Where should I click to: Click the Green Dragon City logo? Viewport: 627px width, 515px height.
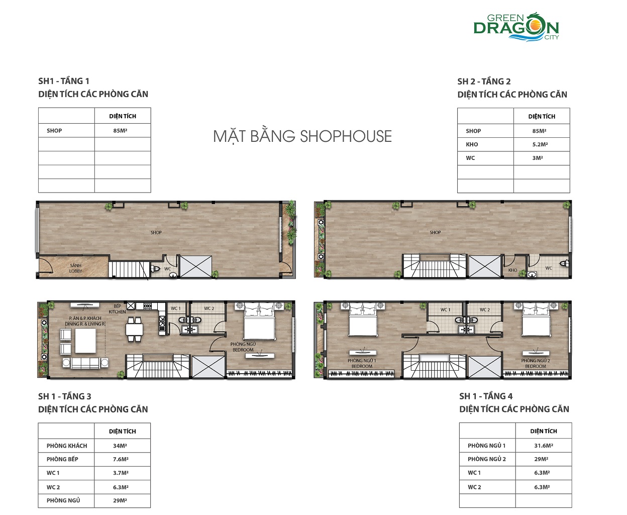tap(516, 27)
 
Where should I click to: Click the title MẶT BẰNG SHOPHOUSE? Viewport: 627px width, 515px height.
tap(302, 136)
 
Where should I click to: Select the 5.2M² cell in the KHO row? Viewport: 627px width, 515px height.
tap(540, 144)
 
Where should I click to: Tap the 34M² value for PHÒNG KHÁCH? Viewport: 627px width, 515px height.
tap(120, 446)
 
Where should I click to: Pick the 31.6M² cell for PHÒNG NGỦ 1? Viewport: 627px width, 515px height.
tap(544, 446)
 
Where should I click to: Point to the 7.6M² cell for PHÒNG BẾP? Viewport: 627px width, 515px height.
tap(121, 459)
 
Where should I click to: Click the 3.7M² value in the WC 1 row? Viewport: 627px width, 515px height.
tap(121, 473)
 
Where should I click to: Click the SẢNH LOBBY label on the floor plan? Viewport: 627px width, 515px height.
tap(75, 268)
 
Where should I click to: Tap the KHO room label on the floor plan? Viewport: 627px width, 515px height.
tap(512, 270)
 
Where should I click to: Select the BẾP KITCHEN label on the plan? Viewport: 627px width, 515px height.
tap(117, 309)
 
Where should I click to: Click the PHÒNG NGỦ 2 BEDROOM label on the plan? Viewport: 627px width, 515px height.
tap(536, 363)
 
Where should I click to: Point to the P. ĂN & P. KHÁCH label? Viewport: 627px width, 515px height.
tap(85, 321)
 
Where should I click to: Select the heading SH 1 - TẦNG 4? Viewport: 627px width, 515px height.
tap(486, 396)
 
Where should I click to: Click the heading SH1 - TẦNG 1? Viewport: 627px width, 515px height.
tap(64, 81)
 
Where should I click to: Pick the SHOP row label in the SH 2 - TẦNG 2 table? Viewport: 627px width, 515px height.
tap(473, 131)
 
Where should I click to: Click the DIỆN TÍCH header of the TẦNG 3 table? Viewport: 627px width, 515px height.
tap(122, 432)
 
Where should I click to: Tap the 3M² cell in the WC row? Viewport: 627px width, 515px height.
tap(538, 158)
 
